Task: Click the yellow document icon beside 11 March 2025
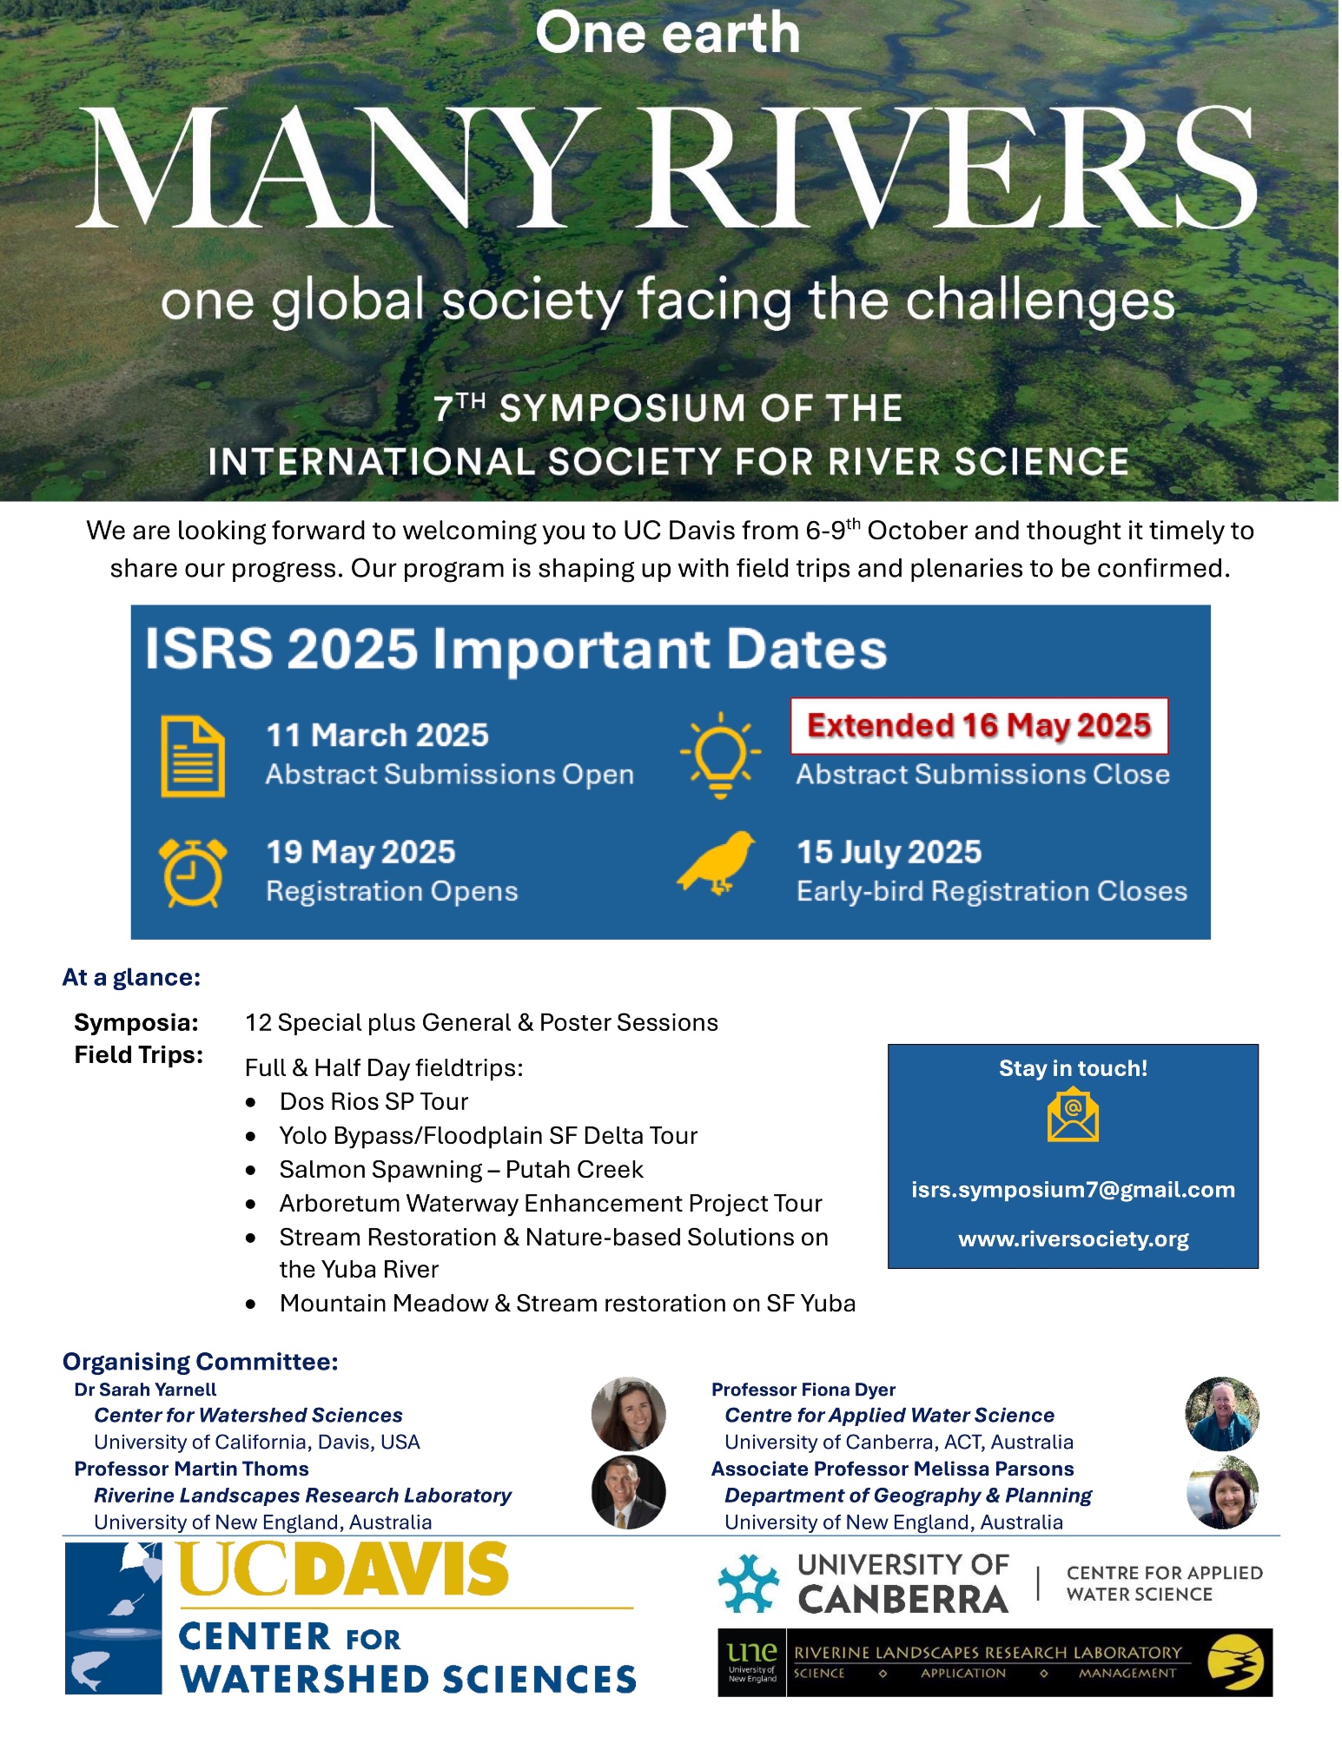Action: [x=193, y=756]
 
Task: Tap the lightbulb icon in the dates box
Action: [x=720, y=754]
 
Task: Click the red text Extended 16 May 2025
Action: [x=979, y=725]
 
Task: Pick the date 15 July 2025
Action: [x=889, y=852]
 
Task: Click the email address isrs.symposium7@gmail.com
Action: [x=1073, y=1190]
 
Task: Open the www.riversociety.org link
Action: [x=1073, y=1239]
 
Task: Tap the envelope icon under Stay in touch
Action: [x=1073, y=1116]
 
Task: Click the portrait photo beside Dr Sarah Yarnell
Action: [x=628, y=1413]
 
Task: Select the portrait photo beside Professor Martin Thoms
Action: [x=628, y=1492]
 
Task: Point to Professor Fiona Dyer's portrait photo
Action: [x=1222, y=1413]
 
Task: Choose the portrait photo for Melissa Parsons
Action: [x=1222, y=1492]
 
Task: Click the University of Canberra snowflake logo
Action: [x=748, y=1583]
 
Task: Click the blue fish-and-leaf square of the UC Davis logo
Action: [x=114, y=1618]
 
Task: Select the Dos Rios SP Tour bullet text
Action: [x=374, y=1102]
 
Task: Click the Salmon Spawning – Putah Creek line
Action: [x=461, y=1170]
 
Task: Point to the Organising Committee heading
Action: [x=201, y=1361]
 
